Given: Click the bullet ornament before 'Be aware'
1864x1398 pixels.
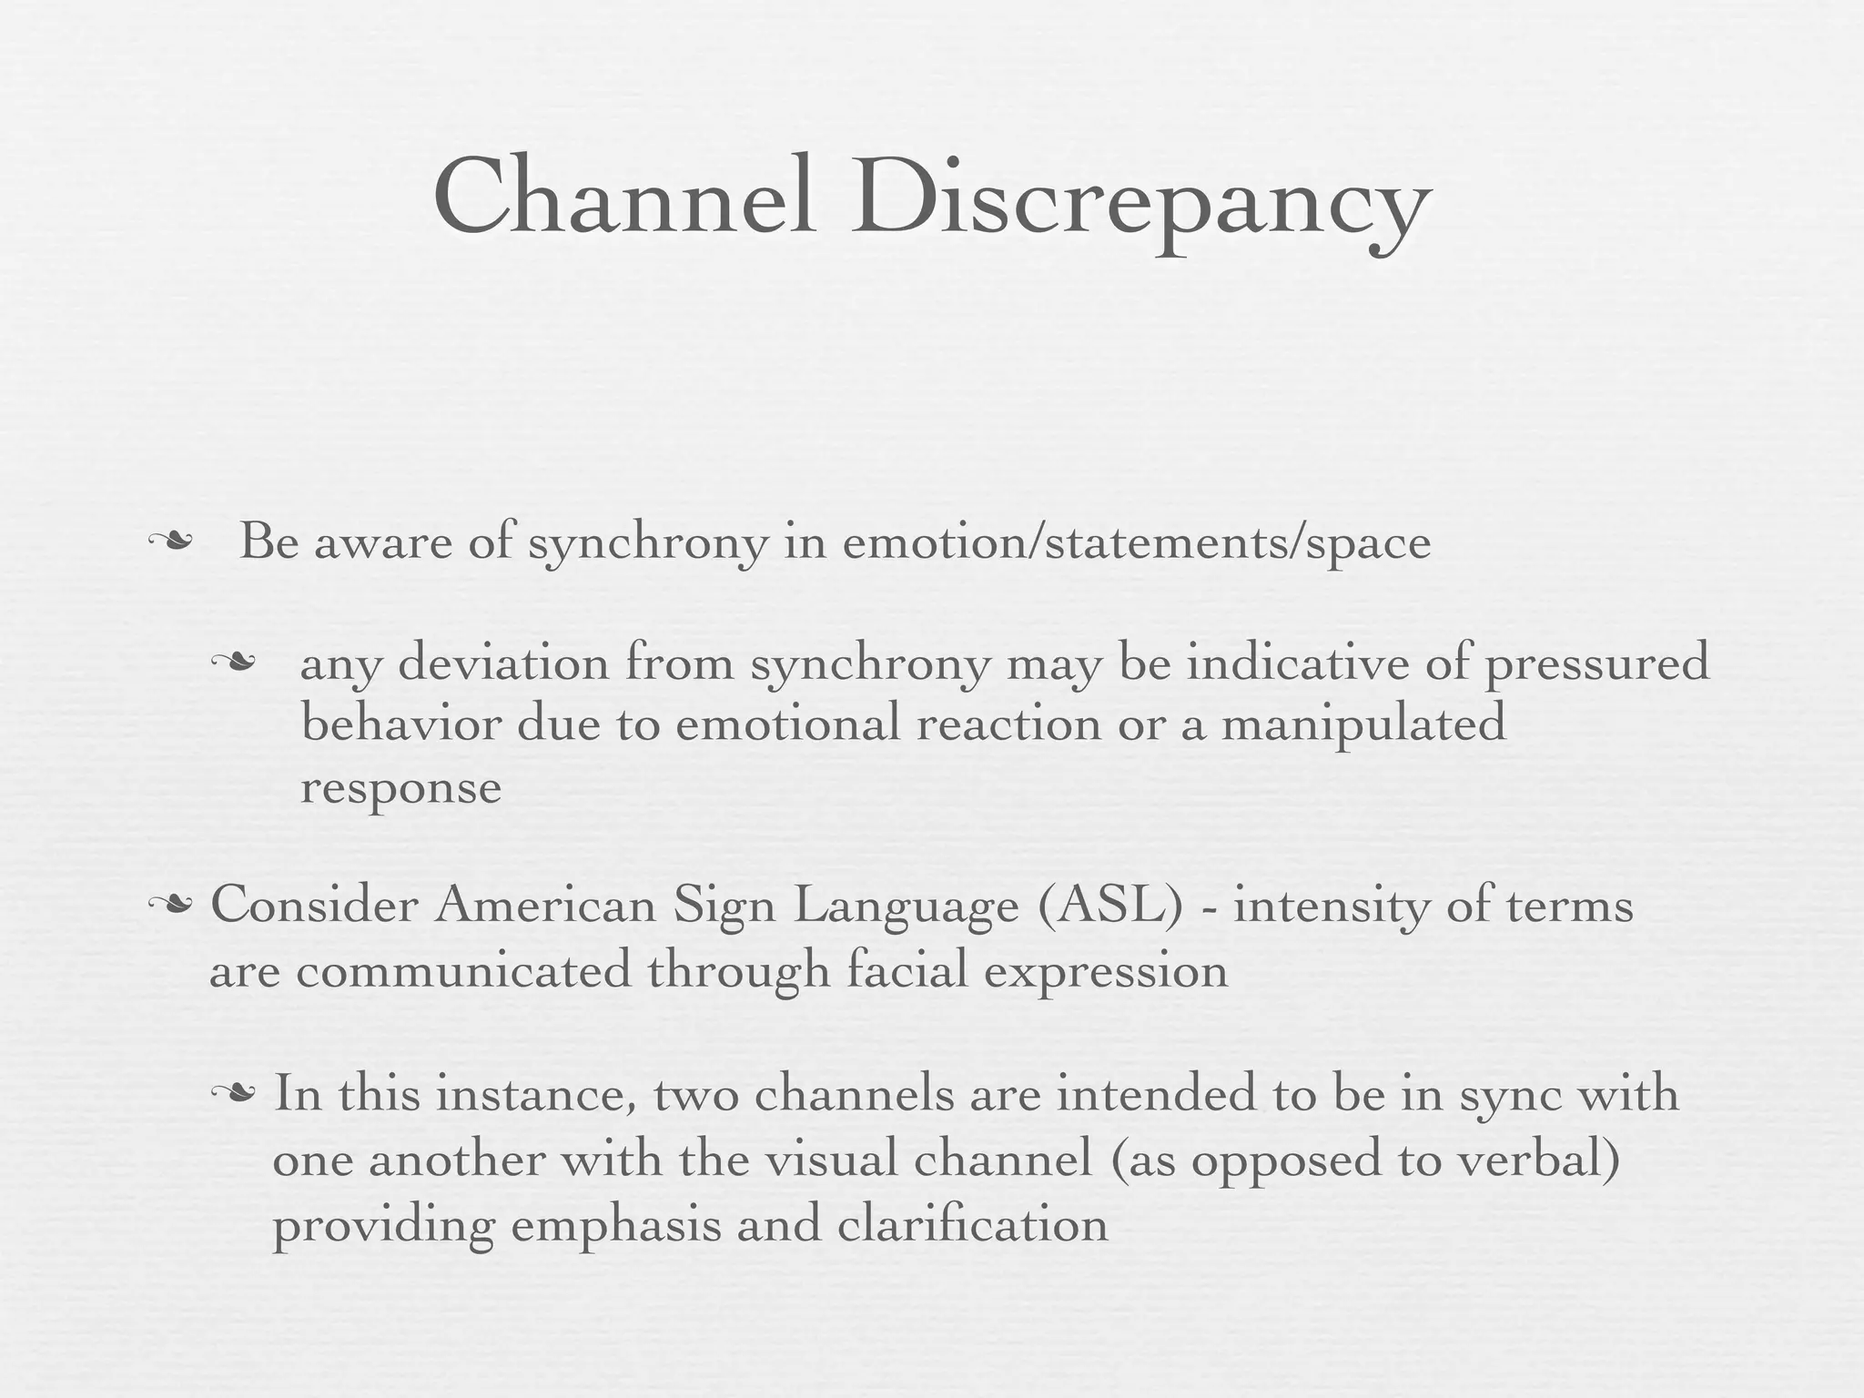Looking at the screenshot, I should [x=170, y=542].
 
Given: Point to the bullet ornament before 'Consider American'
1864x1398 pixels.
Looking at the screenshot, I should [x=170, y=905].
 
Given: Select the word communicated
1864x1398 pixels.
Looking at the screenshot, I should [x=463, y=970].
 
